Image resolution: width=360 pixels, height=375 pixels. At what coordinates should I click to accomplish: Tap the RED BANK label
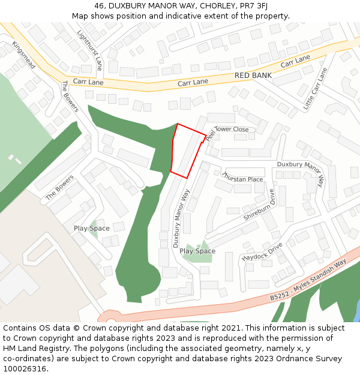(253, 76)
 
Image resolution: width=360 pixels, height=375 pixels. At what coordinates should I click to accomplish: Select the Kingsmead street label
(25, 55)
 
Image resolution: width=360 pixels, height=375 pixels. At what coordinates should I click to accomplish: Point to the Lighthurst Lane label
(91, 50)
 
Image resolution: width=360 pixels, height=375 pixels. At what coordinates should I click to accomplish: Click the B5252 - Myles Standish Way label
(308, 281)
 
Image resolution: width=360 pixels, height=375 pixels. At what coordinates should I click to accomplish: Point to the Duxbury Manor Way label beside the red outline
(181, 218)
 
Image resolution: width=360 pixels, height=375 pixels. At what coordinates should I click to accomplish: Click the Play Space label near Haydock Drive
(197, 251)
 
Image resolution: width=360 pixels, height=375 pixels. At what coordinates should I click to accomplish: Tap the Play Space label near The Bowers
(92, 229)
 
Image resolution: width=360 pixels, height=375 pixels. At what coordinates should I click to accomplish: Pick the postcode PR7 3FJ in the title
(251, 6)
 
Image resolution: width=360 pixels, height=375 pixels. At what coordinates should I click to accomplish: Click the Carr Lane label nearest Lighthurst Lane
(88, 81)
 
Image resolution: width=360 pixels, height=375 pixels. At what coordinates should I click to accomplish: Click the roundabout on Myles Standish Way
(111, 318)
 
